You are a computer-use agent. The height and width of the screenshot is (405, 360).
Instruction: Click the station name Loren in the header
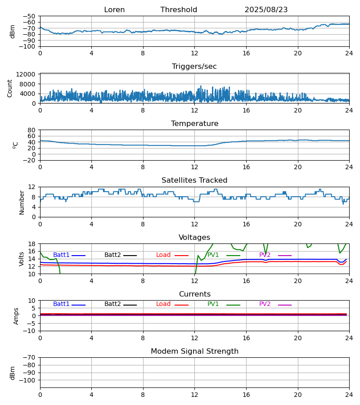(x=114, y=10)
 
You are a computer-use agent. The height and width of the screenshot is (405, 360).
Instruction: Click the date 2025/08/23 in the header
(x=266, y=10)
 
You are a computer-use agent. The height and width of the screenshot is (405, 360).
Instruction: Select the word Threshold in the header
(x=179, y=10)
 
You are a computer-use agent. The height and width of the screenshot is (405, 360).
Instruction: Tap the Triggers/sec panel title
(x=194, y=67)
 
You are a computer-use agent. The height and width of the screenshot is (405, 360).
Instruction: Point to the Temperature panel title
(x=194, y=124)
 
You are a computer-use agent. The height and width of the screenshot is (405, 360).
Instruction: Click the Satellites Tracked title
(x=194, y=180)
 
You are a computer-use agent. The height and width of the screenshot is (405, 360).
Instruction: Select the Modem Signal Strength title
(x=194, y=351)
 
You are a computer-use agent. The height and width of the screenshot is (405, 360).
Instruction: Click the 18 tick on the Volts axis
(x=32, y=244)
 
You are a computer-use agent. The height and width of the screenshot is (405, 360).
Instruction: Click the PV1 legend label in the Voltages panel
(x=213, y=255)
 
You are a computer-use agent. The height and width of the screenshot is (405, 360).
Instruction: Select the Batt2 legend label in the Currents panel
(x=112, y=304)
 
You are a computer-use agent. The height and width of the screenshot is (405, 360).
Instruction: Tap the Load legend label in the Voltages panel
(x=163, y=255)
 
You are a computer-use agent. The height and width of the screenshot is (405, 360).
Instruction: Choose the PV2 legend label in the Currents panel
(x=265, y=304)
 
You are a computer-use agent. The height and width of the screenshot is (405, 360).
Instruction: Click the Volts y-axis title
(x=22, y=259)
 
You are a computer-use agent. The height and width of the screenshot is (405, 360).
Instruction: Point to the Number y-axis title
(x=22, y=202)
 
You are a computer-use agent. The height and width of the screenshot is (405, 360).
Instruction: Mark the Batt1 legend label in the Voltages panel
(x=61, y=255)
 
